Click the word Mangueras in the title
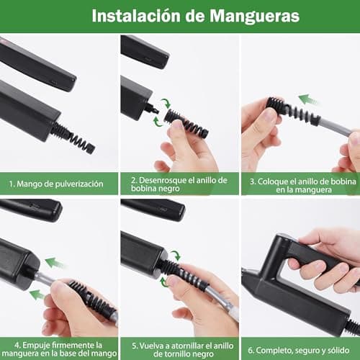(x=254, y=16)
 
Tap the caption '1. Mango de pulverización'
(x=56, y=184)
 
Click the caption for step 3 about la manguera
(x=303, y=186)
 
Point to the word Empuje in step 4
(x=36, y=345)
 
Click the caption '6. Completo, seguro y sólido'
(x=299, y=351)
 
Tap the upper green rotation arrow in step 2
(x=166, y=103)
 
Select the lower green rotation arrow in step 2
(x=158, y=122)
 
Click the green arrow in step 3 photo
(x=307, y=99)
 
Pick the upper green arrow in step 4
(x=55, y=263)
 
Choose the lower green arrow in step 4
(x=37, y=294)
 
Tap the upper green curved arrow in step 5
(x=175, y=255)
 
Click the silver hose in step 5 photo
(x=222, y=302)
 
